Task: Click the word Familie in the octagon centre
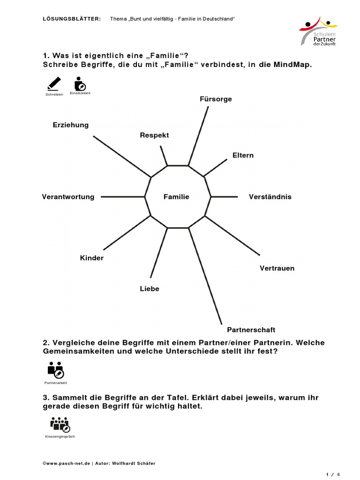(x=176, y=197)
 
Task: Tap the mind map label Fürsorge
(x=216, y=99)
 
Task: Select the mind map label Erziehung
(x=71, y=125)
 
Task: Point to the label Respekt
(x=154, y=135)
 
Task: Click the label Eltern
(x=243, y=155)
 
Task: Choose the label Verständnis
(x=270, y=197)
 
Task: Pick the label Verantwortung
(x=68, y=197)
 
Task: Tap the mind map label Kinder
(x=92, y=258)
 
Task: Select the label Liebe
(x=150, y=289)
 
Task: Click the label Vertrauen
(x=277, y=269)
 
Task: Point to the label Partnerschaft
(x=251, y=330)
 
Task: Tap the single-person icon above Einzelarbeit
(x=80, y=84)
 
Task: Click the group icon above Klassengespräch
(x=60, y=425)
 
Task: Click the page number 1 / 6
(x=332, y=474)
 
